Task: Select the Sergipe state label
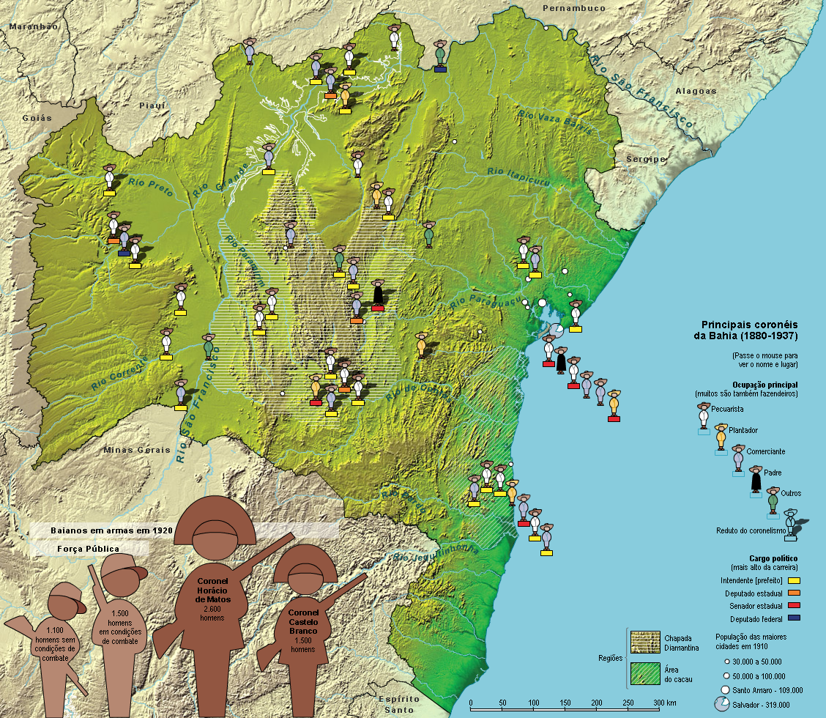click(645, 159)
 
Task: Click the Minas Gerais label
click(134, 450)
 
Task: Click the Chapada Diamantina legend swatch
click(644, 642)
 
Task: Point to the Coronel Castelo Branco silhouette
click(302, 615)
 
